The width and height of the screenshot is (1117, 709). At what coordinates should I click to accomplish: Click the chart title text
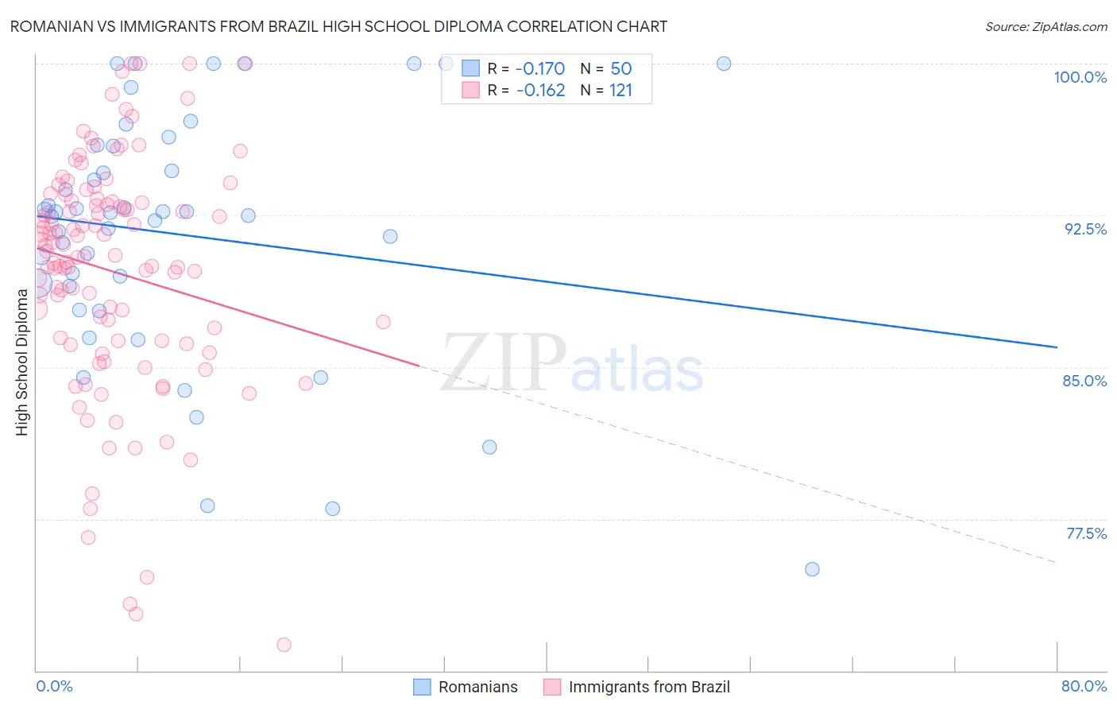(x=338, y=26)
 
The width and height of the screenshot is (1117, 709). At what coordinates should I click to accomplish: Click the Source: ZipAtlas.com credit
(x=1045, y=26)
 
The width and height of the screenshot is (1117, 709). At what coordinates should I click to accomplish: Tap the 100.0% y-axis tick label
(x=1080, y=77)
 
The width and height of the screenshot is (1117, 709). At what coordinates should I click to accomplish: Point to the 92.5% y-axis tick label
(x=1085, y=229)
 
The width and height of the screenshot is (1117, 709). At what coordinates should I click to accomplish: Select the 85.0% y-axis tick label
(x=1084, y=381)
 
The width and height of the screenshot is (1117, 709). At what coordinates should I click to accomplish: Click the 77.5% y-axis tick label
(x=1086, y=533)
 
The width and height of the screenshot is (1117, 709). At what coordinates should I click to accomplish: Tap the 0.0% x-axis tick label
(x=54, y=686)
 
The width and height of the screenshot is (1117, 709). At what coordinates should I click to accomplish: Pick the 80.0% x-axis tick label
(x=1084, y=686)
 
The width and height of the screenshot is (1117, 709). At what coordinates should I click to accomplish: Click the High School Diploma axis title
(x=21, y=362)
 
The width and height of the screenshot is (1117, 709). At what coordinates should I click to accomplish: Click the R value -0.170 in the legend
(x=540, y=68)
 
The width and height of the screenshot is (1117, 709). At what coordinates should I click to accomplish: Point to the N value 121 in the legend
(x=620, y=90)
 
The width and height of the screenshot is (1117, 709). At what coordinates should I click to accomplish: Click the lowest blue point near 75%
(x=812, y=569)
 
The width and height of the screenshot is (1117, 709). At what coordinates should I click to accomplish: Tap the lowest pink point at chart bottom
(x=284, y=645)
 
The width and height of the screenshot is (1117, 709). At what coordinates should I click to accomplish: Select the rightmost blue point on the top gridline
(x=724, y=64)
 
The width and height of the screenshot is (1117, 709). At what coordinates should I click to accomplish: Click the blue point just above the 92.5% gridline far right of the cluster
(x=390, y=236)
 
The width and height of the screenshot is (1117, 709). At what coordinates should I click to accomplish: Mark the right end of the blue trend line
(x=1057, y=347)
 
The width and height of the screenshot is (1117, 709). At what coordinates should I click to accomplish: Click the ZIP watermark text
(x=503, y=362)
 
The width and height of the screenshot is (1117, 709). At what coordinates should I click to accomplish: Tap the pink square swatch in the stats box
(x=471, y=90)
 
